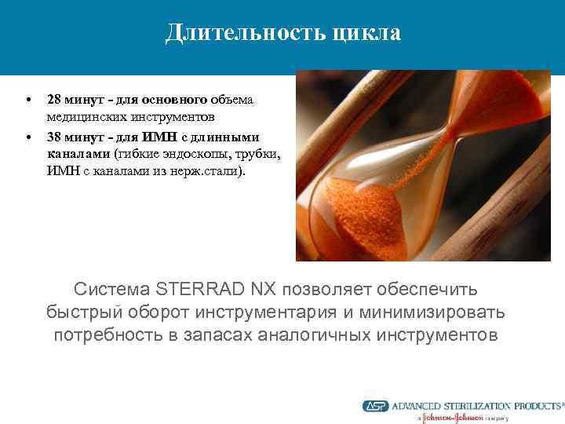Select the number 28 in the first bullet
55,101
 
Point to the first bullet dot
29,101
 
